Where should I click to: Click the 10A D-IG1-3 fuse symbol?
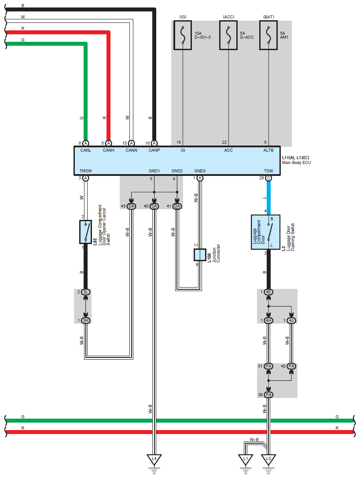coord(183,35)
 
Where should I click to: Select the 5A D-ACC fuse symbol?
coord(228,35)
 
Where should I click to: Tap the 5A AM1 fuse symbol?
coord(268,35)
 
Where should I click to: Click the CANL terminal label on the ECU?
coord(86,150)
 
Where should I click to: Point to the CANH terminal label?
coord(109,150)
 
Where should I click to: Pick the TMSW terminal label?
coord(85,171)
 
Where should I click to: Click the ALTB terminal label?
coord(268,150)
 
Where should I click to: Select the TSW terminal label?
coord(268,171)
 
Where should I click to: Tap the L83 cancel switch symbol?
coord(85,232)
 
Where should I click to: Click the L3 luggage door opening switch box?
coord(268,232)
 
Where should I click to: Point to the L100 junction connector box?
coord(200,255)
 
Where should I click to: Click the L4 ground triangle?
coord(154,460)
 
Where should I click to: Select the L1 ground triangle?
coord(246,460)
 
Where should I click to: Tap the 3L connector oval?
coord(86,292)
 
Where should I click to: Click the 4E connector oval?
coord(268,292)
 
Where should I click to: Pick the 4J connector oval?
coord(291,320)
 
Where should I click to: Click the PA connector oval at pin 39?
coord(268,394)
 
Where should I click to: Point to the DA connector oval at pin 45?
coord(131,206)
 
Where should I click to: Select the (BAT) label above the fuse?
coord(268,17)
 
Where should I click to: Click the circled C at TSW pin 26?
coord(268,178)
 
